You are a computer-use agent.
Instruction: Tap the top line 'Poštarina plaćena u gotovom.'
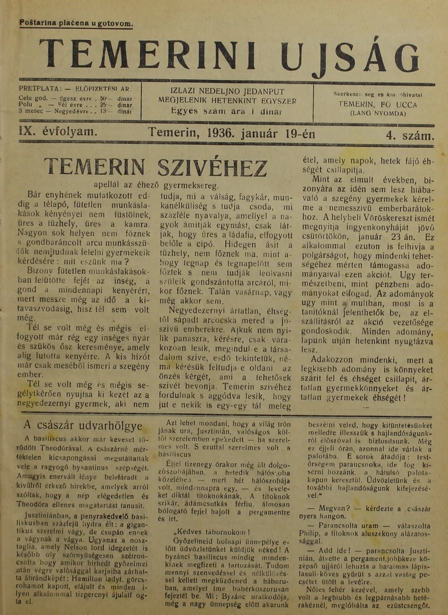coord(76,24)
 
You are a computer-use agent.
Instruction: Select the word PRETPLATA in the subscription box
coord(38,89)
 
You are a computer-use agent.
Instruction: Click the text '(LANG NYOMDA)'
coord(378,112)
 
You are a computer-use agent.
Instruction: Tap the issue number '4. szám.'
coord(409,134)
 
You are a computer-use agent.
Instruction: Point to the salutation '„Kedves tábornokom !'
coord(212,532)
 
